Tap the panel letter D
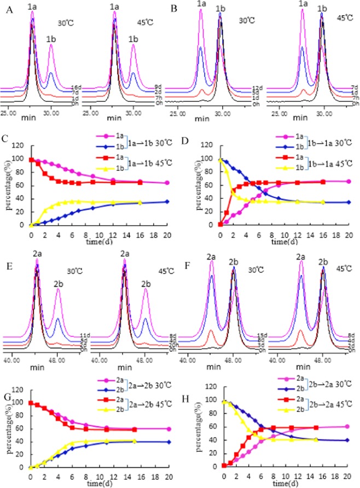(x=188, y=128)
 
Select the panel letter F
(x=188, y=254)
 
